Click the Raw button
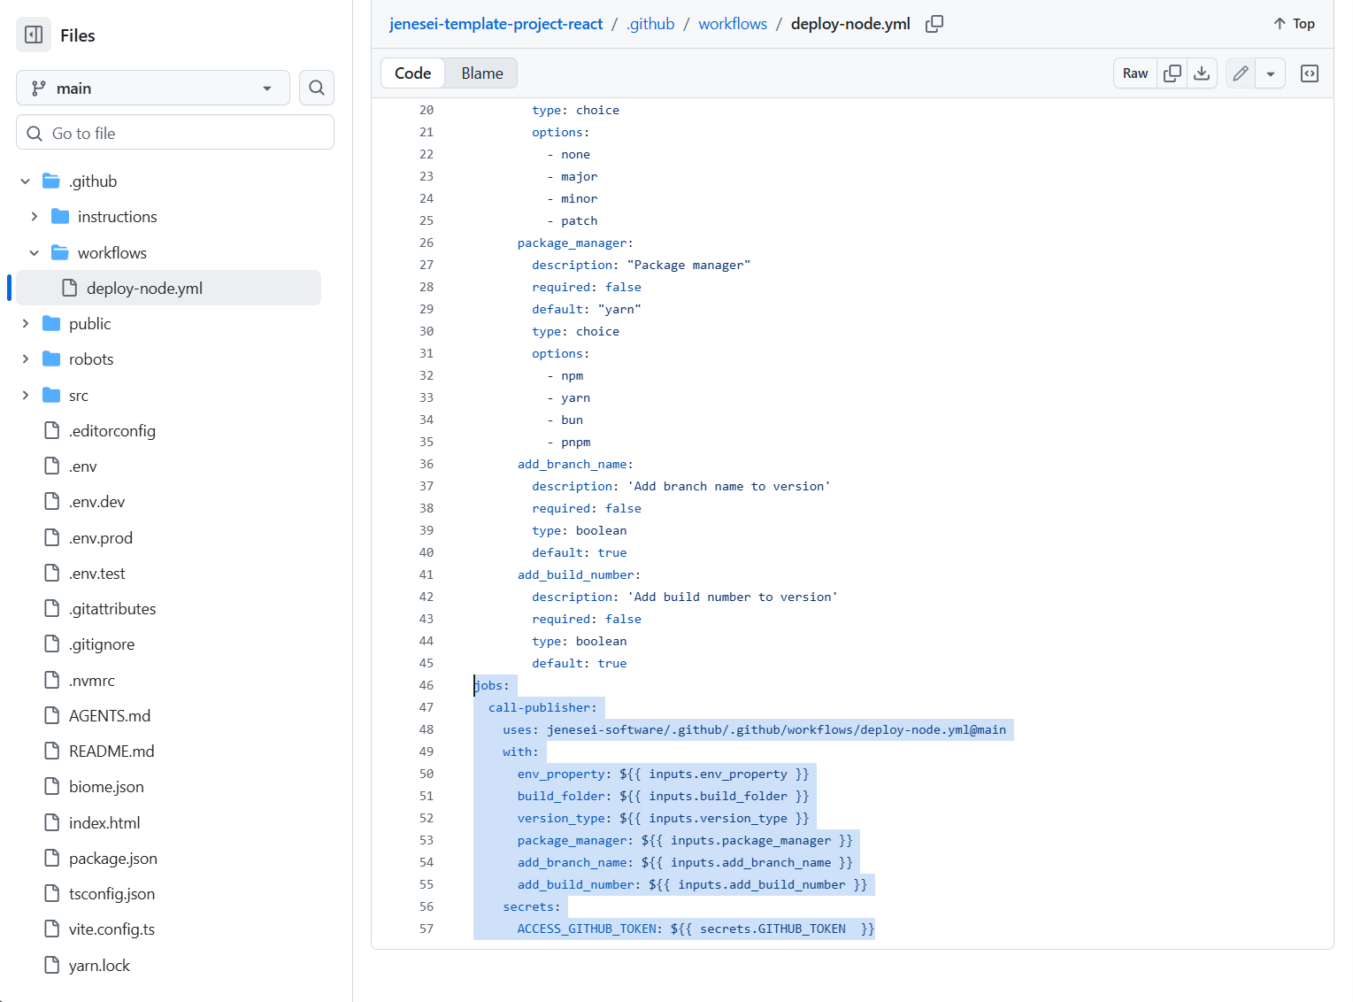coord(1134,73)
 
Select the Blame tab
coord(482,73)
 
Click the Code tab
coord(413,73)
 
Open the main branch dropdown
coord(152,88)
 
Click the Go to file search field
coord(175,133)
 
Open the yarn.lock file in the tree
coord(99,966)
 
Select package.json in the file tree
coord(113,859)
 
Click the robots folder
coord(91,358)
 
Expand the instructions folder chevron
coord(35,217)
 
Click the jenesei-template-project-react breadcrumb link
coord(496,24)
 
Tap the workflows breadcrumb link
coord(733,24)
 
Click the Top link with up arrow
coord(1295,24)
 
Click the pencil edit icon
coord(1240,73)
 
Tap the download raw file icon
coord(1201,73)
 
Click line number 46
coord(427,685)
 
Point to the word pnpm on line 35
coord(575,442)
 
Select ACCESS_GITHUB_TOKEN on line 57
coord(586,929)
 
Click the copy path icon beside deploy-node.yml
coord(934,24)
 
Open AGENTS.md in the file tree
coord(109,716)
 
